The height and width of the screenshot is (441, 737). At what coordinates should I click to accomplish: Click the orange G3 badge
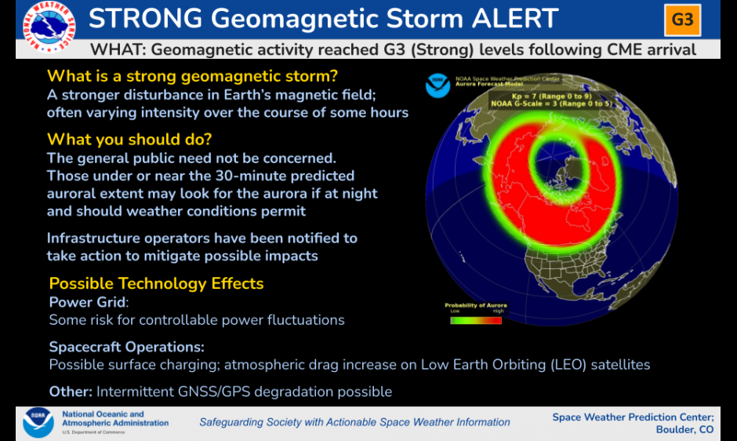[x=682, y=20]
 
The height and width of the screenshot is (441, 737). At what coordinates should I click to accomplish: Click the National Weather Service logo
[x=49, y=27]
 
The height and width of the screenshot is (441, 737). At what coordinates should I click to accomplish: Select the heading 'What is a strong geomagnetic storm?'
[x=192, y=76]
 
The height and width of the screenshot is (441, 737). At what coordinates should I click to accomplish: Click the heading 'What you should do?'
[x=129, y=140]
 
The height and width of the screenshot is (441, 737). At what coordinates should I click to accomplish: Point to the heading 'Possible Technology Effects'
[x=156, y=283]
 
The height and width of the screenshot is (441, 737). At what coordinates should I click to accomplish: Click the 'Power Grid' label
[x=88, y=302]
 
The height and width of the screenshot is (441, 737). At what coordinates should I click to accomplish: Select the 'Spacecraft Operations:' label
[x=126, y=347]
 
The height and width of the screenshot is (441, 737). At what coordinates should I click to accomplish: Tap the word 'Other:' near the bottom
[x=71, y=392]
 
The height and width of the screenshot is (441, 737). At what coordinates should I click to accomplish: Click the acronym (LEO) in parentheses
[x=568, y=365]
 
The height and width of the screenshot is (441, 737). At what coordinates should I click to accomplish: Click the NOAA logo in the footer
[x=38, y=423]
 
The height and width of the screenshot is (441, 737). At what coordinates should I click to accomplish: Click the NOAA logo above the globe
[x=437, y=86]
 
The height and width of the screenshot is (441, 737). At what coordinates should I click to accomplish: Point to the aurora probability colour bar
[x=476, y=320]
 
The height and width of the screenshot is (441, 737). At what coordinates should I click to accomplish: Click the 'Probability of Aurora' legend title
[x=476, y=305]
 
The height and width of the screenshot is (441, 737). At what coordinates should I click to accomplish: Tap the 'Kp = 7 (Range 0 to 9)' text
[x=551, y=97]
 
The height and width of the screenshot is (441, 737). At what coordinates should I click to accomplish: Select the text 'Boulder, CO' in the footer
[x=684, y=430]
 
